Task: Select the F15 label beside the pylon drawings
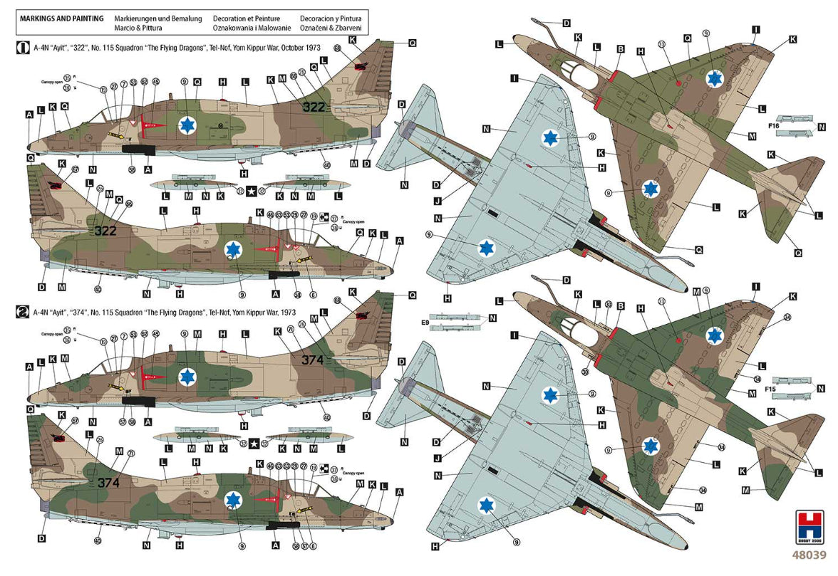click(770, 389)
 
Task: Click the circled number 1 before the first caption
click(22, 48)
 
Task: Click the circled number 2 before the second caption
click(22, 312)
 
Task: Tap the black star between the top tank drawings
click(251, 191)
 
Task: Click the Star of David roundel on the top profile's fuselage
click(187, 125)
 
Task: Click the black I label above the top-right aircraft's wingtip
click(756, 30)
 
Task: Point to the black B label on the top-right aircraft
click(621, 50)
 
